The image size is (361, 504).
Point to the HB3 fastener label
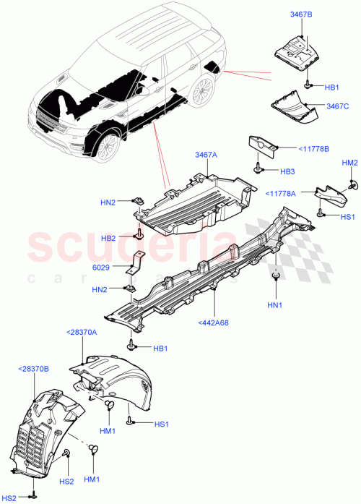coord(288,171)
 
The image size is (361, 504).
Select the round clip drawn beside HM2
coord(352,184)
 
